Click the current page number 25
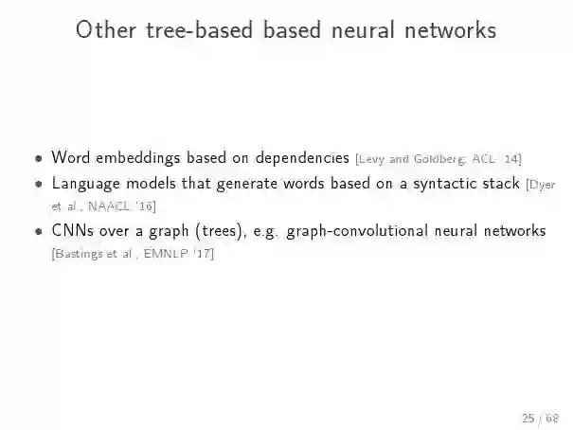(x=528, y=416)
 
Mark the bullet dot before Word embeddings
(x=37, y=158)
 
